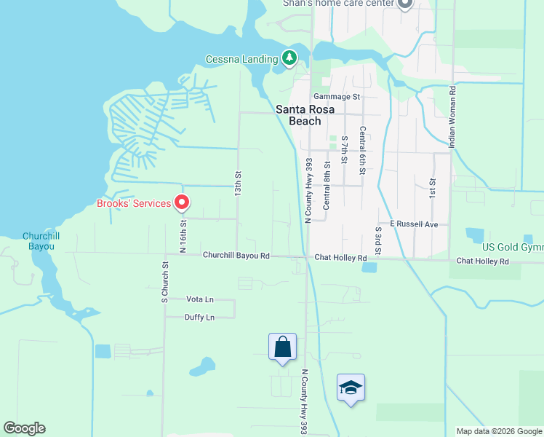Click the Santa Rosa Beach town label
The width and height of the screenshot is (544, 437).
coord(305,115)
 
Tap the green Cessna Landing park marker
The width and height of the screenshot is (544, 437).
coord(289,58)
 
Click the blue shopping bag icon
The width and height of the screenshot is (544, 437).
coord(282,347)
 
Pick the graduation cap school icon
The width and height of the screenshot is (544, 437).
coord(351,387)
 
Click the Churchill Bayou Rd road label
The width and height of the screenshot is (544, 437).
coord(236,256)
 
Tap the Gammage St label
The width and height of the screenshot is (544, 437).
coord(337,96)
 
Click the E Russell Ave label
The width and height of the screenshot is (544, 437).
coord(414,224)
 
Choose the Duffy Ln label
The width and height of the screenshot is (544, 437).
coord(200,317)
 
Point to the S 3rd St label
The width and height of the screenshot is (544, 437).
coord(378,241)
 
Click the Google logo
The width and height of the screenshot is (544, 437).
coord(24,428)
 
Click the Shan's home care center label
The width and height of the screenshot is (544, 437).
coord(338,4)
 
